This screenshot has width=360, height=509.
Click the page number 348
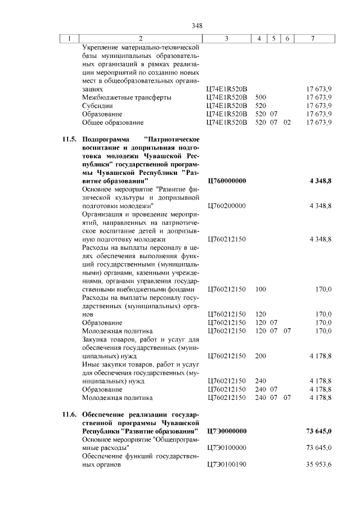197,26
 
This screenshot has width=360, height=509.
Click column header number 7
313,38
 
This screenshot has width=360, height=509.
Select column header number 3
226,38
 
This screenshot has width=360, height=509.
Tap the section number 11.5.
69,139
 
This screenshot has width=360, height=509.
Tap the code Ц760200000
227,206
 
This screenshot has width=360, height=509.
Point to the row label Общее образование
112,122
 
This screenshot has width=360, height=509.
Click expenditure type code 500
260,97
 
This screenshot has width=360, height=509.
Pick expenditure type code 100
260,289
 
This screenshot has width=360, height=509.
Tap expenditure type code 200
260,356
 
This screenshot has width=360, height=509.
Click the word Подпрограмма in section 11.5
105,139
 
